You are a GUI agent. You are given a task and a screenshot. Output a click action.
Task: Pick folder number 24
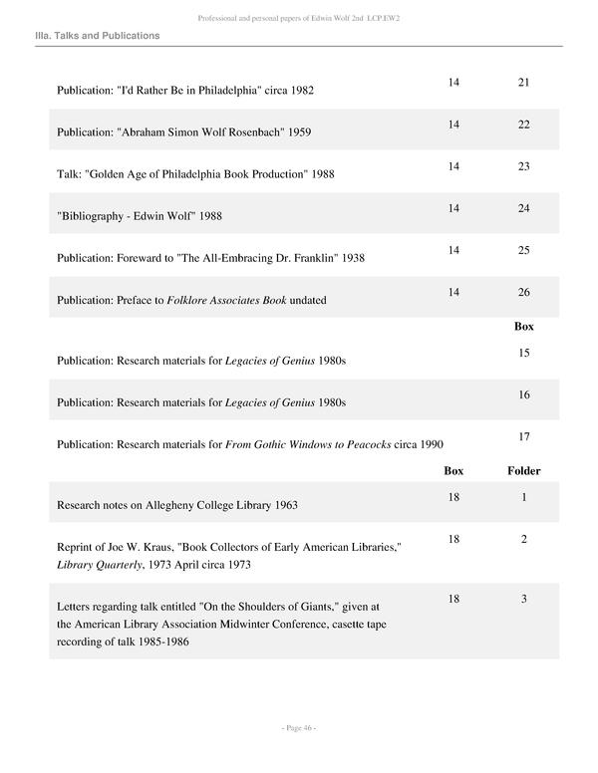523,208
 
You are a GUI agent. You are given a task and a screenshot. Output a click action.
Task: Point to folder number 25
523,250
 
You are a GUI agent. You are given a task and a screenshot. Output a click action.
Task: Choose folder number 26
523,292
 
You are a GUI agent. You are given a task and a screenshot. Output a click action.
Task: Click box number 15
523,353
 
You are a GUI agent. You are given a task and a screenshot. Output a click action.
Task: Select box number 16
523,394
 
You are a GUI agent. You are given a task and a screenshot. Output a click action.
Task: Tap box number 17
523,436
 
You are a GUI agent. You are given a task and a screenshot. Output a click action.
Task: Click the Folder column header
523,470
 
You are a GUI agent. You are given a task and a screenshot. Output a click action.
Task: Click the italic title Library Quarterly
100,565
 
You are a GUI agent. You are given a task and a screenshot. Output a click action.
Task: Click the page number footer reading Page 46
298,728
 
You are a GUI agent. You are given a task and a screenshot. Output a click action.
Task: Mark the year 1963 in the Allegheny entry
285,505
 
